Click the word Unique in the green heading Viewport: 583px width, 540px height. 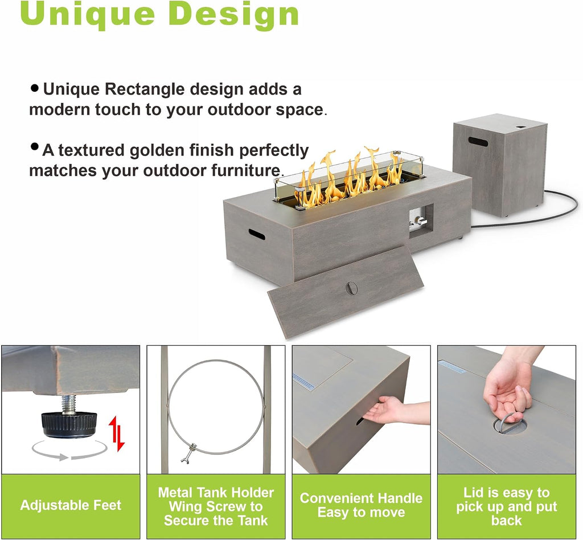tap(87, 14)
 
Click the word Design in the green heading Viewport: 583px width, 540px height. tap(236, 14)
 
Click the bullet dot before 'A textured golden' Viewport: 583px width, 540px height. tap(35, 147)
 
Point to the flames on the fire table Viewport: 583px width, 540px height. tap(348, 175)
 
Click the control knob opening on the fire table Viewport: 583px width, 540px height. tap(421, 221)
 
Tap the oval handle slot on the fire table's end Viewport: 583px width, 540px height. tap(257, 235)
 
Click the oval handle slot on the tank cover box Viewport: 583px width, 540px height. tap(478, 142)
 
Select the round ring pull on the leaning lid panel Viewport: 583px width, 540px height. tap(351, 288)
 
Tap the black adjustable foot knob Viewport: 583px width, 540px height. tap(69, 424)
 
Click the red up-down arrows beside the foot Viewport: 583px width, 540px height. tap(116, 433)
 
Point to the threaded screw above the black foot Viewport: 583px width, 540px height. tap(69, 404)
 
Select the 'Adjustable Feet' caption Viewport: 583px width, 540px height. tap(71, 505)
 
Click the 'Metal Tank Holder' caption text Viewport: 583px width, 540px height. tap(216, 493)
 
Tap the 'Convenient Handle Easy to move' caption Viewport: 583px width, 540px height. tap(361, 505)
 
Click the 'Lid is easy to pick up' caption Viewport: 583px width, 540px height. tap(506, 500)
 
